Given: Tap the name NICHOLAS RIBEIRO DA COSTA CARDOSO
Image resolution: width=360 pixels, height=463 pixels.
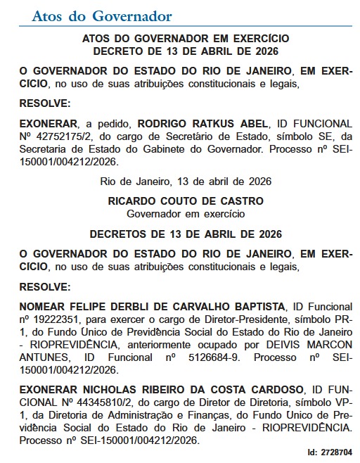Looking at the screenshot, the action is [x=184, y=389].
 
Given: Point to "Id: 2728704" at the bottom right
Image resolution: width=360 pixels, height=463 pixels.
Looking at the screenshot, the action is [x=330, y=454].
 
